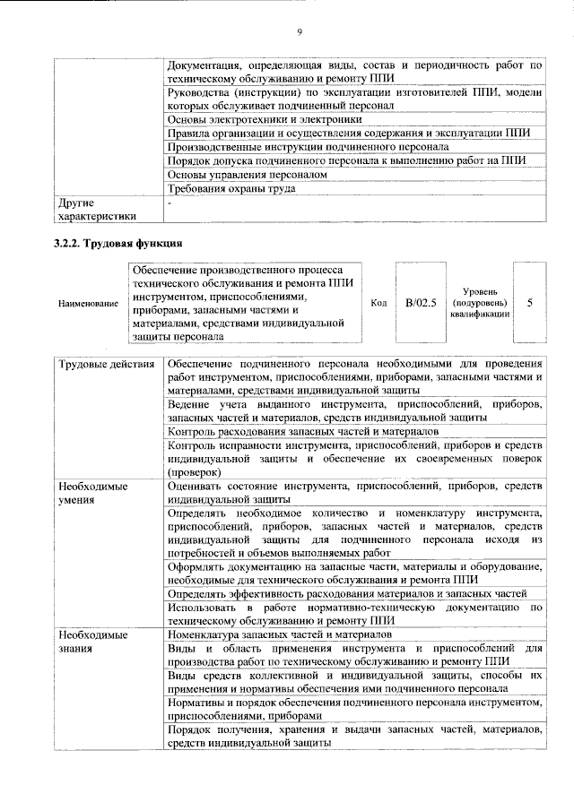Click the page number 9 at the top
pyautogui.click(x=300, y=33)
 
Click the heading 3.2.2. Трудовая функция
pyautogui.click(x=118, y=243)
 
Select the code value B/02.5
pyautogui.click(x=420, y=303)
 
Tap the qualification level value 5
pyautogui.click(x=529, y=303)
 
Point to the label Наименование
pyautogui.click(x=88, y=304)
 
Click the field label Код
pyautogui.click(x=378, y=303)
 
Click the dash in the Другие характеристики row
pyautogui.click(x=170, y=203)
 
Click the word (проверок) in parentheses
pyautogui.click(x=194, y=471)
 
